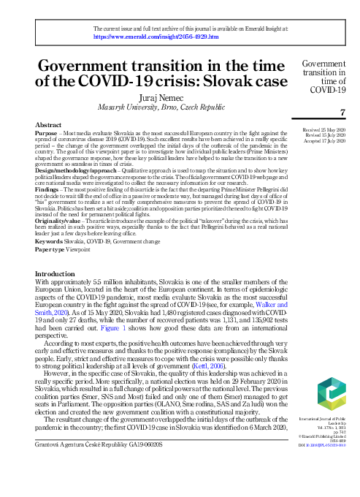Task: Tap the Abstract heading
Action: (47, 126)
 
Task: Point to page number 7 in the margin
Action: (342, 112)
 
